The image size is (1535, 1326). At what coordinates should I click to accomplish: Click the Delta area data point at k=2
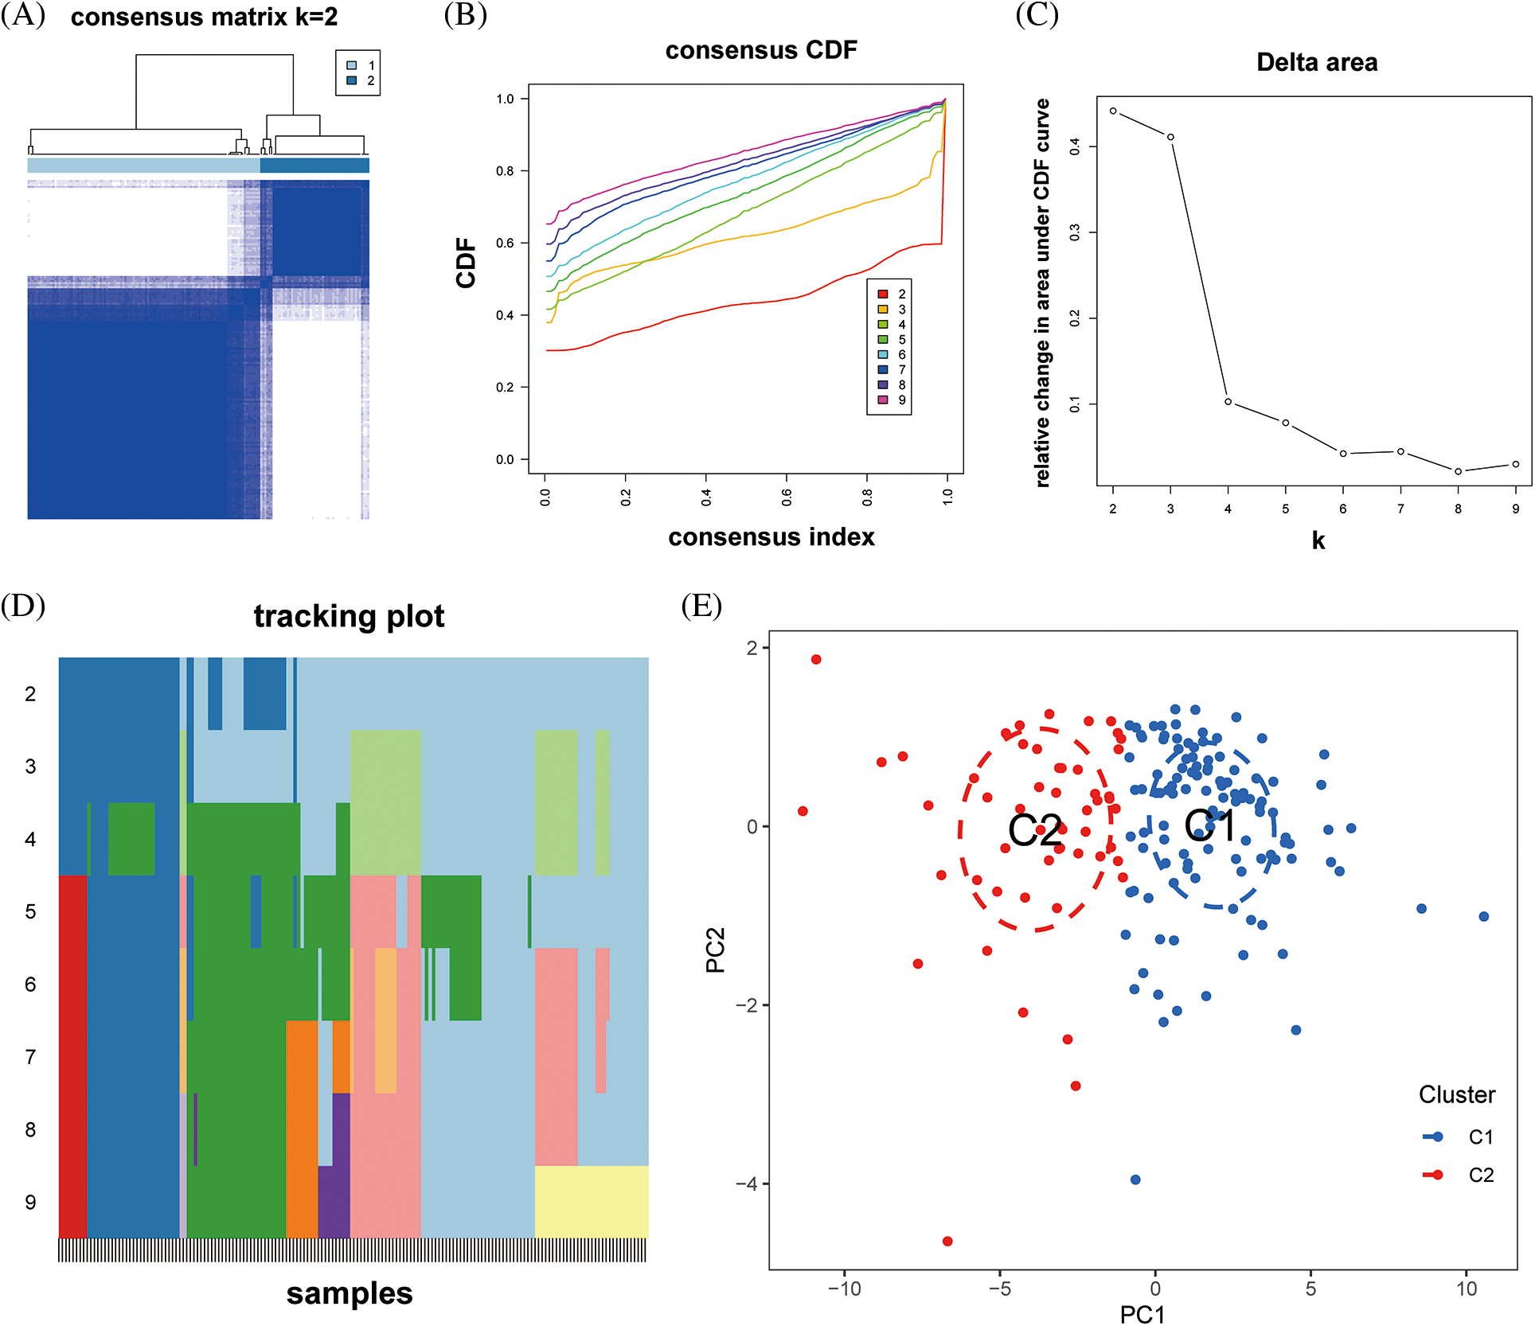click(x=1113, y=111)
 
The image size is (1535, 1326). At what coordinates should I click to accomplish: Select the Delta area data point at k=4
click(x=1228, y=402)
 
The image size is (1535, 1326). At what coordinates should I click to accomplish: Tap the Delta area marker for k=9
click(x=1516, y=464)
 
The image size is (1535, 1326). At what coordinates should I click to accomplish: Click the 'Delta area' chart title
click(x=1317, y=63)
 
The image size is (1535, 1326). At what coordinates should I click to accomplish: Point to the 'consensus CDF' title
click(x=761, y=50)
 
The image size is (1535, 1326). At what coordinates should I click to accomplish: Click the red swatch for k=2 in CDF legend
click(x=883, y=294)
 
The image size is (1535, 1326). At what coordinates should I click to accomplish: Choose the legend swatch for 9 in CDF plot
click(x=883, y=400)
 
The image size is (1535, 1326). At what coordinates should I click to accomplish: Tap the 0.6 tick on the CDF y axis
click(x=506, y=243)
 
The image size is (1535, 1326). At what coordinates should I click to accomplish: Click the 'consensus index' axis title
click(x=771, y=537)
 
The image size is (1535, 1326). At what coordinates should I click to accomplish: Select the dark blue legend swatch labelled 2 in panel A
click(x=352, y=80)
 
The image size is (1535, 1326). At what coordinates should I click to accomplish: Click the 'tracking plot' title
click(x=349, y=617)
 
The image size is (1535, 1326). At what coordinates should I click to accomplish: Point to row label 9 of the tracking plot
click(x=30, y=1202)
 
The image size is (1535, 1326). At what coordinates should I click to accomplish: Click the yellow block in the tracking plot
click(x=591, y=1202)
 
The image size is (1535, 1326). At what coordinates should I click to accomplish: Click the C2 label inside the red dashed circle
click(x=1034, y=831)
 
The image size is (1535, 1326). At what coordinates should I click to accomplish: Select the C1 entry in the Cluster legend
click(x=1480, y=1137)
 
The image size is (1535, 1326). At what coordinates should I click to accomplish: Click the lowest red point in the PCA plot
click(x=947, y=1241)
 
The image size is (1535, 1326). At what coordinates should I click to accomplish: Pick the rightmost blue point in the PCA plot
click(x=1484, y=917)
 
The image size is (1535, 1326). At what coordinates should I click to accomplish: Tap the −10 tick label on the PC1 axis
click(x=844, y=1289)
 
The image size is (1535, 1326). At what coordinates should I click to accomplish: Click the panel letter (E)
click(x=701, y=606)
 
